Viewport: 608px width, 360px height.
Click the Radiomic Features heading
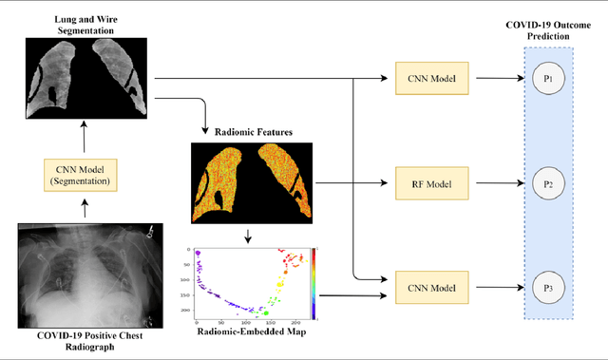point(251,133)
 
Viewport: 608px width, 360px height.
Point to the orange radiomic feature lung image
point(251,182)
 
